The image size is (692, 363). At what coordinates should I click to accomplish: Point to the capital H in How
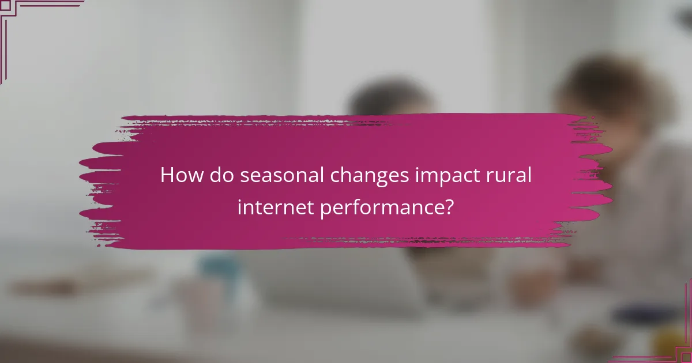tap(167, 175)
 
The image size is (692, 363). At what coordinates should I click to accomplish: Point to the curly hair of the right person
tap(611, 86)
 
